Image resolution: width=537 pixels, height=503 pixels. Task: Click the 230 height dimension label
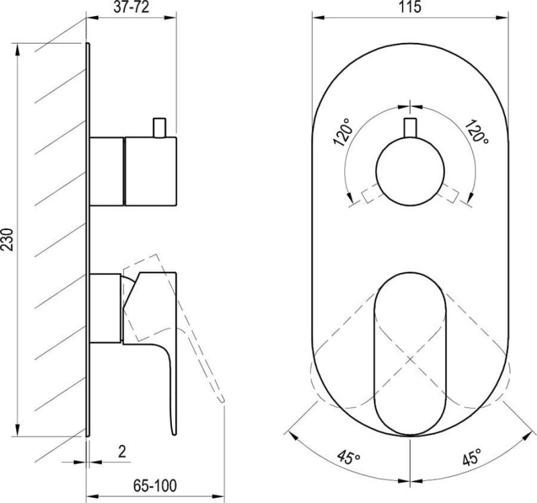[x=7, y=239]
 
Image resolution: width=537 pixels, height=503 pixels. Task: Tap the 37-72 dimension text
[x=132, y=7]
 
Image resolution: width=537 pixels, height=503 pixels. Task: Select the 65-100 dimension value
[x=155, y=486]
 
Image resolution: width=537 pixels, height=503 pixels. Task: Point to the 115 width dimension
[x=409, y=7]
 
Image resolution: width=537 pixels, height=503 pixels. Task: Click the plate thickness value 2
[x=122, y=451]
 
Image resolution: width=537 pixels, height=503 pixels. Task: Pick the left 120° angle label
[x=344, y=132]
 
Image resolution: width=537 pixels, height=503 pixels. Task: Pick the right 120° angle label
[x=477, y=131]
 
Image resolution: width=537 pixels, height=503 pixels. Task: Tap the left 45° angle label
[x=348, y=457]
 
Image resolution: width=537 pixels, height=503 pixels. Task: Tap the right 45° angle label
[x=472, y=457]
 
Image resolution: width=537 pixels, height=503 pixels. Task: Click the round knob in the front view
[x=410, y=171]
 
